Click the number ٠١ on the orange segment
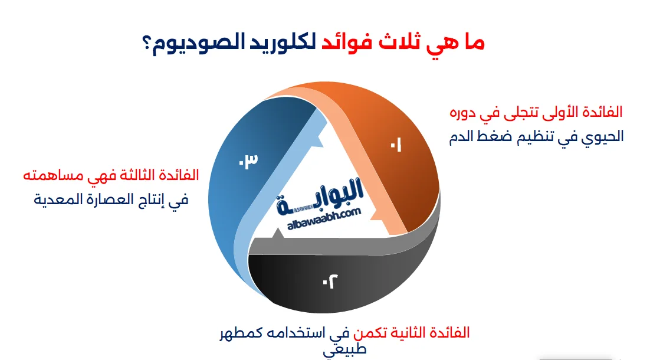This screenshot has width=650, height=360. [395, 145]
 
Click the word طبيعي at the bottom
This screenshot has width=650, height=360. [345, 349]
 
